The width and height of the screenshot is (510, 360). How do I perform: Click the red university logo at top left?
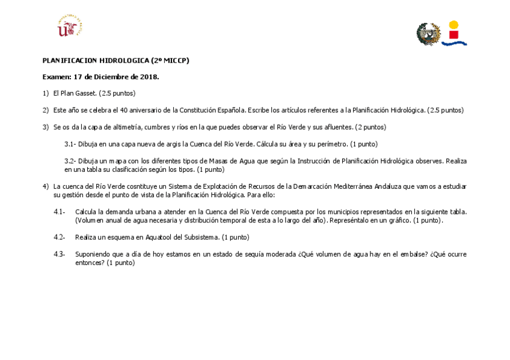point(69,26)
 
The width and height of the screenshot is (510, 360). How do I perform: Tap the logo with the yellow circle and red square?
point(454,33)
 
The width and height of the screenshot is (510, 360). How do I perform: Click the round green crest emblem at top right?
point(428,34)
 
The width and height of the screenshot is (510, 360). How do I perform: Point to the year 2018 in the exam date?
point(148,77)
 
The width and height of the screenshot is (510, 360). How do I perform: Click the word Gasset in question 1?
point(85,93)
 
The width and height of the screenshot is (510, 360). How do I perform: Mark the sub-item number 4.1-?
point(59,212)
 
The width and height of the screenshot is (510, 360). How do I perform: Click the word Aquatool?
point(153,237)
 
